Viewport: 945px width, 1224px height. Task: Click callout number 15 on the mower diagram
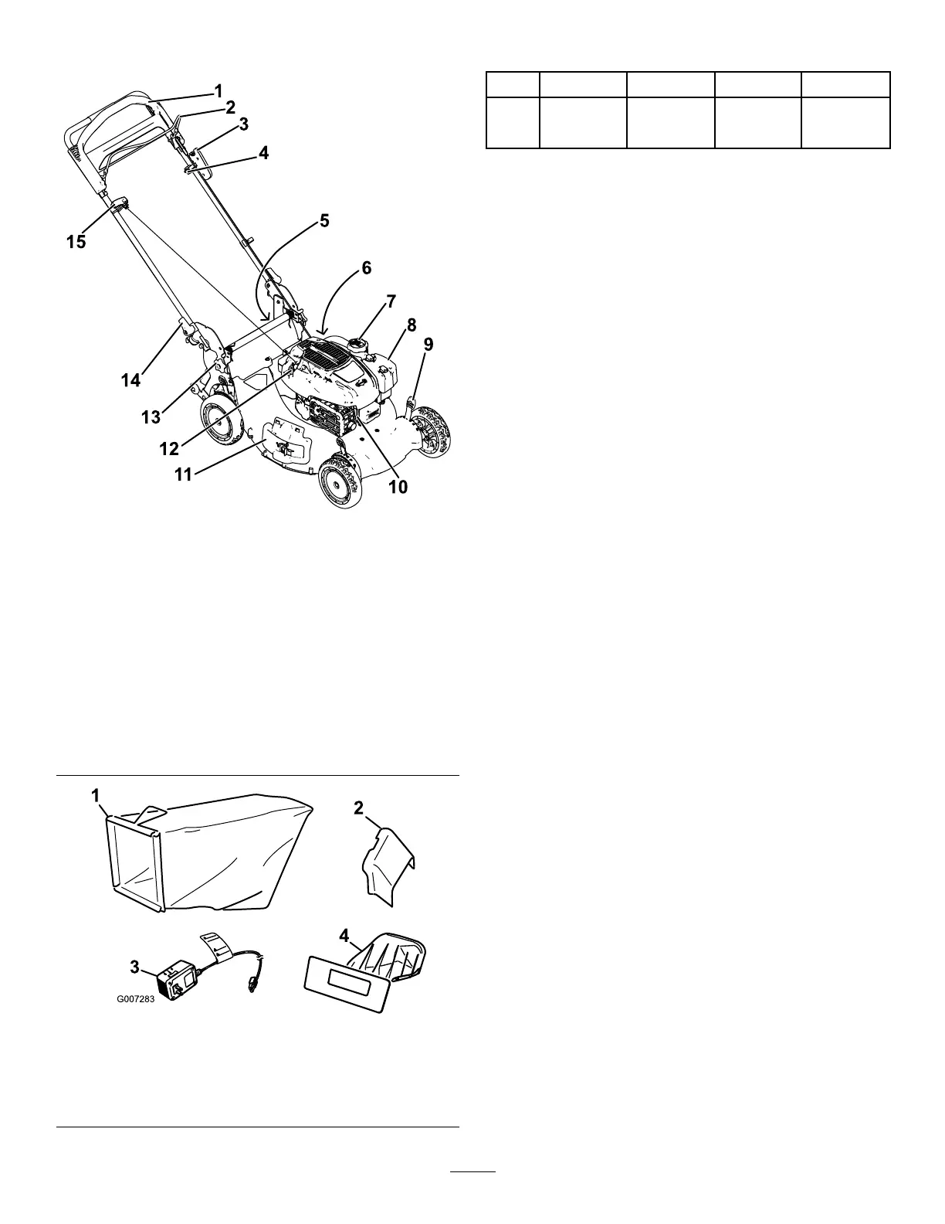pos(76,242)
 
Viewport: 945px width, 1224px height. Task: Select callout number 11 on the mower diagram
pos(182,474)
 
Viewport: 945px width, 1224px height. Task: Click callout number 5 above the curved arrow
pos(324,221)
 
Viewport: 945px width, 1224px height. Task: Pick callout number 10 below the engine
pos(398,487)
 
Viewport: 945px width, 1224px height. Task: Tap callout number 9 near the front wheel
pos(428,345)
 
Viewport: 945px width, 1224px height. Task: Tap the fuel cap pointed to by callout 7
pos(358,341)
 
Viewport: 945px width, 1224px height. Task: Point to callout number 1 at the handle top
pos(218,90)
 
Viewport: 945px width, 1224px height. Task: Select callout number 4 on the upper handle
pos(263,153)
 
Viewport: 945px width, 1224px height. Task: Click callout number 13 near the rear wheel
pos(151,417)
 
